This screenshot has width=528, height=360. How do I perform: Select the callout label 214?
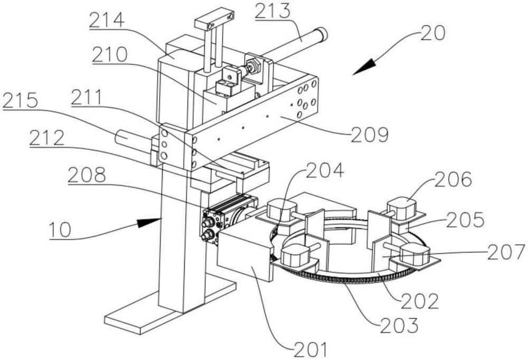[x=107, y=21]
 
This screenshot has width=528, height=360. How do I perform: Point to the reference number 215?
[x=20, y=100]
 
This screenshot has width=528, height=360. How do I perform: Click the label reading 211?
[x=87, y=97]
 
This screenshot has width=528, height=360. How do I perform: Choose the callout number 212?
[x=47, y=138]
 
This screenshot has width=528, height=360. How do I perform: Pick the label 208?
[x=87, y=175]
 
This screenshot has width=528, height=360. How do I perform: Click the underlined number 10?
[x=60, y=230]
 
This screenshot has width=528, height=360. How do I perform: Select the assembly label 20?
[x=432, y=33]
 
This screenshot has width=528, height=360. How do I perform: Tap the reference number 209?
[x=370, y=135]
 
